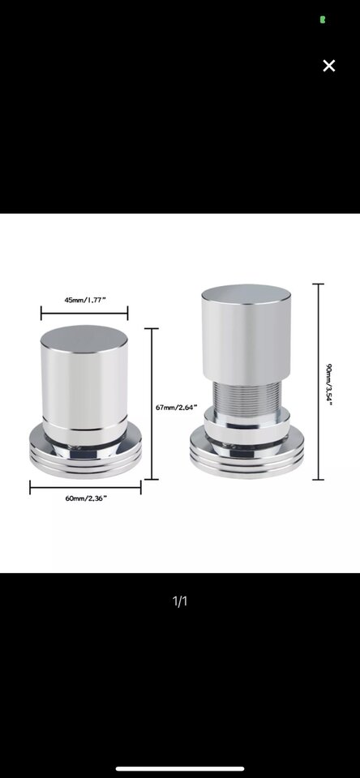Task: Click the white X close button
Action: click(328, 66)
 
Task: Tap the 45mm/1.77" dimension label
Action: click(85, 300)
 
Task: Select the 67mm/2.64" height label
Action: click(177, 408)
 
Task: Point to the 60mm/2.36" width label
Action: click(86, 498)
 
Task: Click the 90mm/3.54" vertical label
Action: click(328, 384)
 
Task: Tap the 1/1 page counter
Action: click(180, 601)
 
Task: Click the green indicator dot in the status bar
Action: click(323, 19)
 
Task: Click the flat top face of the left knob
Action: click(84, 340)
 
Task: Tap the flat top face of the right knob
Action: click(246, 293)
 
